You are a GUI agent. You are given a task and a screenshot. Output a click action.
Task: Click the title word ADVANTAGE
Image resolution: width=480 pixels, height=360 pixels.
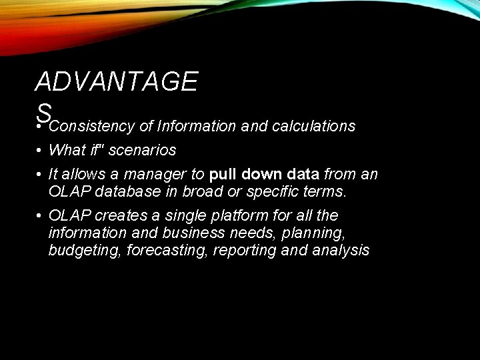(x=116, y=82)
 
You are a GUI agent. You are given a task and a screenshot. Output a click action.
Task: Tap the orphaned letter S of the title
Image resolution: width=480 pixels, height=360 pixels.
(x=44, y=111)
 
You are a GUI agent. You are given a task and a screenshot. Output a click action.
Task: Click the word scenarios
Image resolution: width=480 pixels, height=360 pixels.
(x=142, y=150)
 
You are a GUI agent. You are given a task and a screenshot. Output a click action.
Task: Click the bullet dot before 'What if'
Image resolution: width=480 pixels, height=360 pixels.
(x=40, y=151)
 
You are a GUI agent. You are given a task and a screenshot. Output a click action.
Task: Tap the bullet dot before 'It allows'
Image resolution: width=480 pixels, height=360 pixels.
(x=40, y=175)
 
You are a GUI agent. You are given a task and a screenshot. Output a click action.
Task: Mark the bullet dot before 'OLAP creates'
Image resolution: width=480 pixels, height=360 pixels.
(x=40, y=216)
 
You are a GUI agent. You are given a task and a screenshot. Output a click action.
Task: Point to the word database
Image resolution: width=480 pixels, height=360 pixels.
(x=125, y=192)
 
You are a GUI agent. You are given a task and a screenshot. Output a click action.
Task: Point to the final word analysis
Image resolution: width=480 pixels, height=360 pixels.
(x=339, y=251)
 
